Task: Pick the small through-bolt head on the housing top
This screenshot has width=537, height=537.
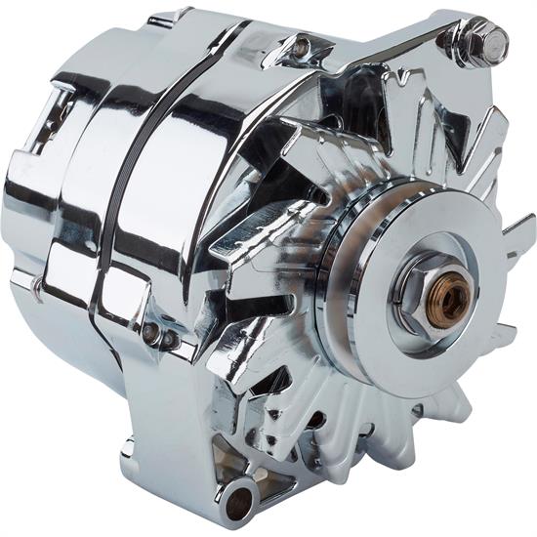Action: click(x=301, y=45)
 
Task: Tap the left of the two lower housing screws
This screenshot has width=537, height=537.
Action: click(x=149, y=332)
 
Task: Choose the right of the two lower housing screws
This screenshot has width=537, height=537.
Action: click(x=169, y=339)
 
